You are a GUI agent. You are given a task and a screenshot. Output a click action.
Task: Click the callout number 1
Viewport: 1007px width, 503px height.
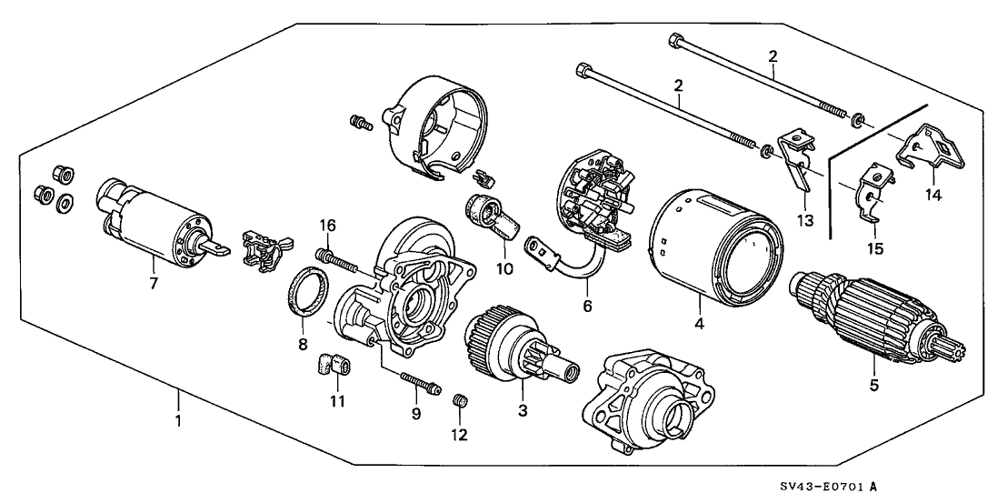[x=179, y=421]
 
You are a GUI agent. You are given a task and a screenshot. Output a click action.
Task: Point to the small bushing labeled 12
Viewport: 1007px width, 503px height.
[x=460, y=399]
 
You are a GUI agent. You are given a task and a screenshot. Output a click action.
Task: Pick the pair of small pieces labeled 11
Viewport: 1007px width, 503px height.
[x=334, y=367]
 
